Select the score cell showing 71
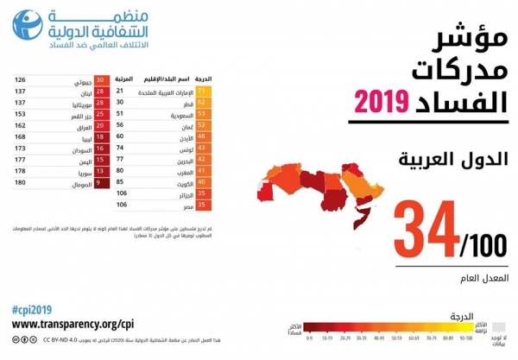pyautogui.click(x=204, y=90)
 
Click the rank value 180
pyautogui.click(x=20, y=182)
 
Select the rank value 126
pyautogui.click(x=20, y=80)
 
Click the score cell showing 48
pyautogui.click(x=204, y=136)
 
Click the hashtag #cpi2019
pyautogui.click(x=33, y=308)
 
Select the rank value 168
pyautogui.click(x=20, y=136)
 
